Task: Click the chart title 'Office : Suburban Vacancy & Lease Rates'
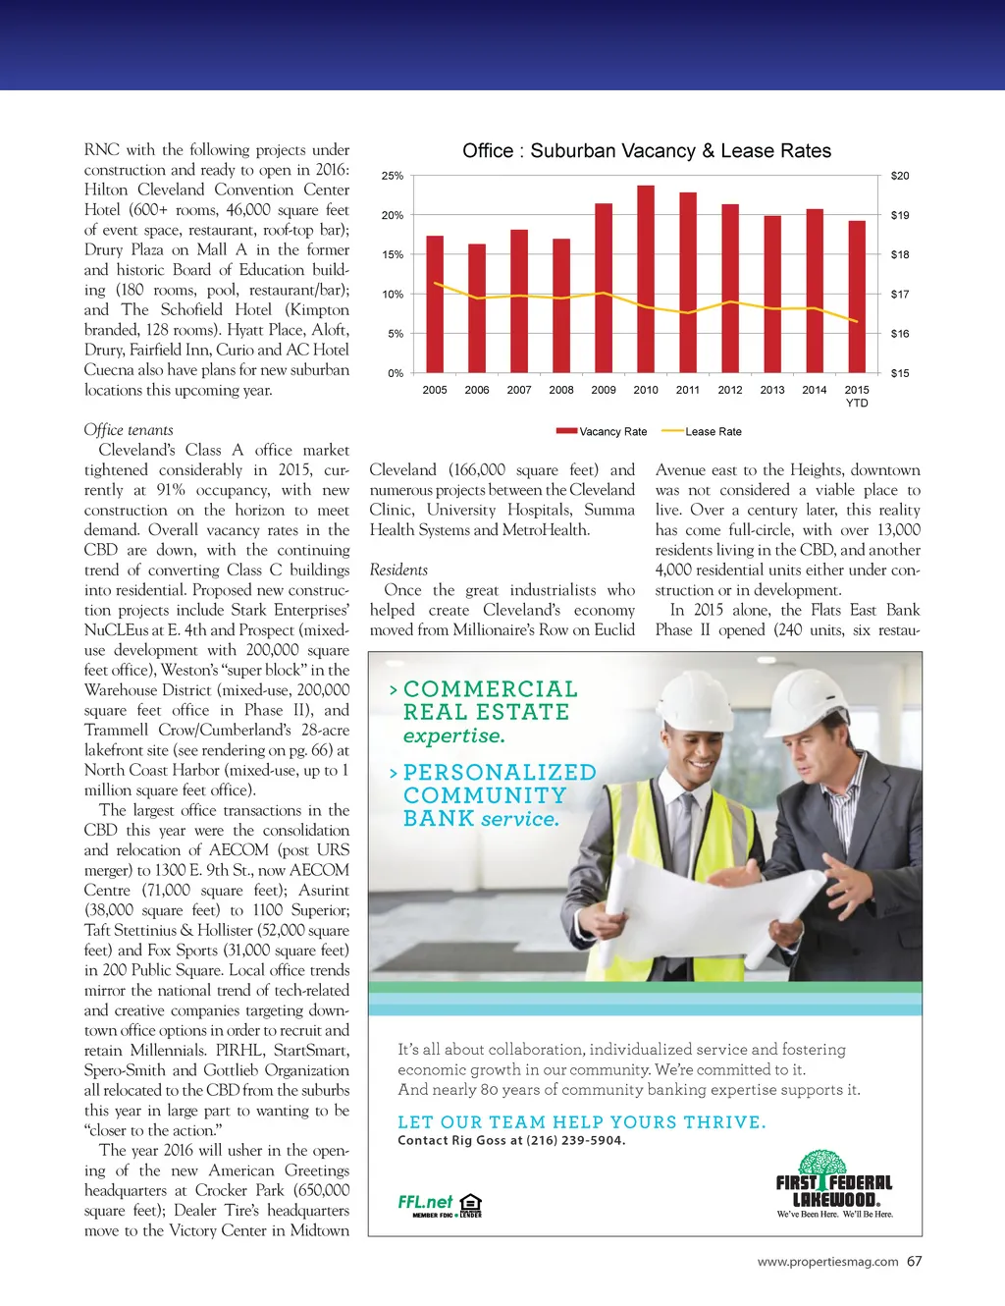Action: (x=647, y=151)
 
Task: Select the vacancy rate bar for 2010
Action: (x=646, y=280)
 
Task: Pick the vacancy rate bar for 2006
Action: (x=477, y=308)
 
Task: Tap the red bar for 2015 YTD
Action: (x=857, y=297)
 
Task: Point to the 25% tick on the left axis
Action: (x=393, y=176)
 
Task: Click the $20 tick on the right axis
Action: (x=900, y=176)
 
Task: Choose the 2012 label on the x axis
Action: (x=730, y=390)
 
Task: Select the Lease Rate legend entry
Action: (x=702, y=431)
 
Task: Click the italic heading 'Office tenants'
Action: (x=129, y=430)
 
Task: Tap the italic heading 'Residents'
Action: (x=398, y=571)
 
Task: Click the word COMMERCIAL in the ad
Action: (x=490, y=689)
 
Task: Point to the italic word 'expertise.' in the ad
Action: (x=453, y=735)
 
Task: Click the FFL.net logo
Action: (x=425, y=1202)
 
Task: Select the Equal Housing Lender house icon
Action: (x=471, y=1203)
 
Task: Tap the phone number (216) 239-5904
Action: (x=576, y=1140)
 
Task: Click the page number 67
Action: (x=915, y=1261)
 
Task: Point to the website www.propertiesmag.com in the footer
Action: (x=827, y=1262)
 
